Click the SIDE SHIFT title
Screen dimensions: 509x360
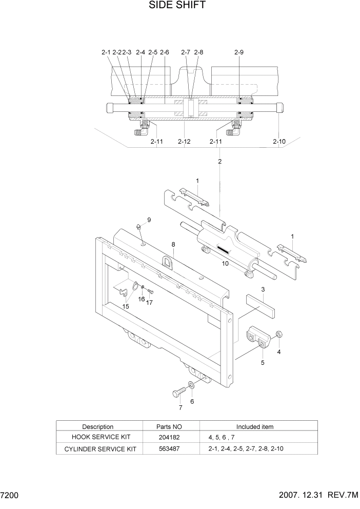[177, 6]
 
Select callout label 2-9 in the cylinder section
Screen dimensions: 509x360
[239, 52]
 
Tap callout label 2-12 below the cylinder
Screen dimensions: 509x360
[184, 141]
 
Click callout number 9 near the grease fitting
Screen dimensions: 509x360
[149, 220]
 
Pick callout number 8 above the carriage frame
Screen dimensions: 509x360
[173, 244]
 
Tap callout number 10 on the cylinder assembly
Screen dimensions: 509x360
[225, 263]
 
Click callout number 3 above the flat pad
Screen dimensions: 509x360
[263, 290]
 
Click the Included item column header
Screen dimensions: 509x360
[254, 426]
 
